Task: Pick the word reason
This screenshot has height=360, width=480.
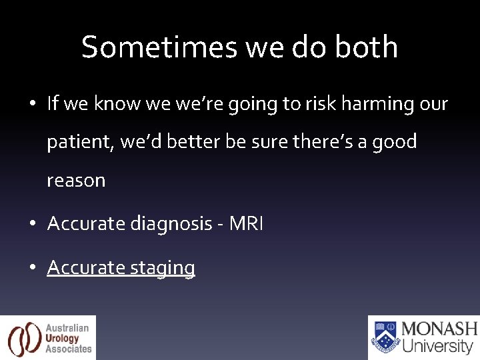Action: (76, 181)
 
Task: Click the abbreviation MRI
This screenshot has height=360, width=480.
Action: (247, 224)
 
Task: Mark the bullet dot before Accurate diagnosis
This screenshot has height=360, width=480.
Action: (33, 225)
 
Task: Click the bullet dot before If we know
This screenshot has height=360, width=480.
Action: (33, 105)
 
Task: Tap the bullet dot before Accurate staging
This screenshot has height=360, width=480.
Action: (33, 268)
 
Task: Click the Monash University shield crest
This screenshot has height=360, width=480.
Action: (385, 337)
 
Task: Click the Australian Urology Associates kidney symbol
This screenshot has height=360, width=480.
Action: (24, 338)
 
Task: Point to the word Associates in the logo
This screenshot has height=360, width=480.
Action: (69, 349)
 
